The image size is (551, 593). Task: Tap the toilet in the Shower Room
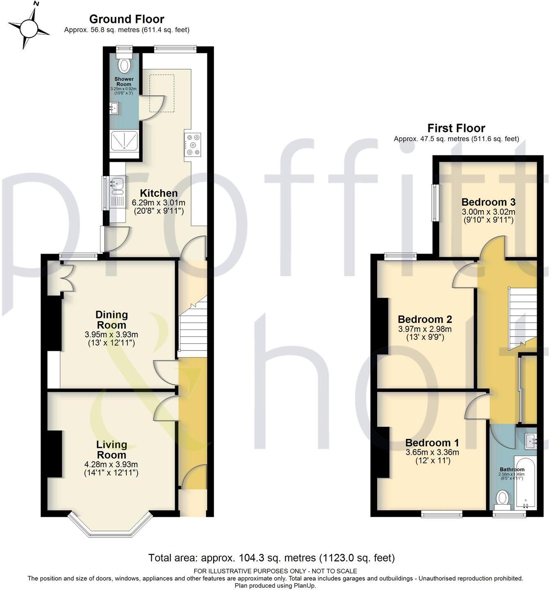coord(123,64)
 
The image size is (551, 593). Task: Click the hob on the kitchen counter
coord(193,144)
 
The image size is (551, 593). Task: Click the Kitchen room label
coord(159,193)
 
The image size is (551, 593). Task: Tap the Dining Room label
coord(112,320)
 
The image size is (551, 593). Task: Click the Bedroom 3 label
coord(488,202)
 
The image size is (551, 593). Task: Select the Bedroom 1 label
coord(432,443)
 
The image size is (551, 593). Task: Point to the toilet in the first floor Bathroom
coord(503,500)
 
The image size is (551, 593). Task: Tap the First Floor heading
coord(456,128)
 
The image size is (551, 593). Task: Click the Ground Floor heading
coord(127,19)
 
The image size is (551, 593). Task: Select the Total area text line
coord(271,558)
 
